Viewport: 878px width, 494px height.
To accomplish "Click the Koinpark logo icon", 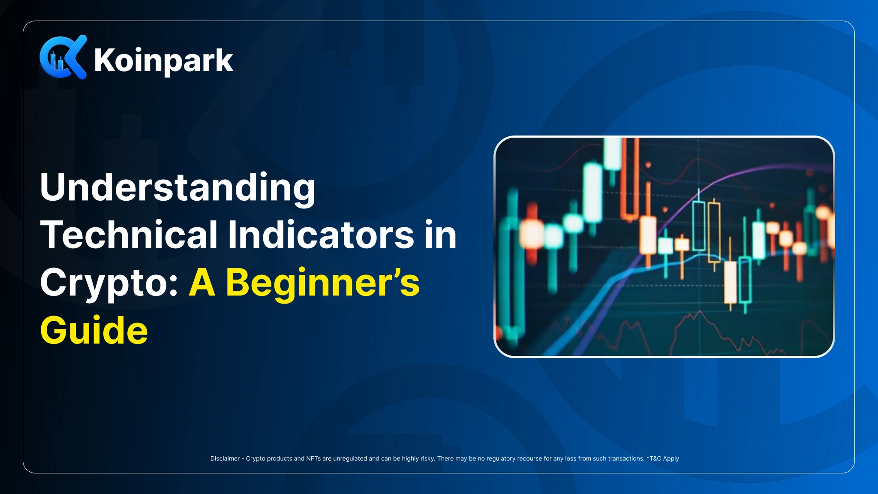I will [63, 57].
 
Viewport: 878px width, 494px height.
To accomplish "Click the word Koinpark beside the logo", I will [163, 60].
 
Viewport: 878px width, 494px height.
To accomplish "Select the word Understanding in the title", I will [177, 187].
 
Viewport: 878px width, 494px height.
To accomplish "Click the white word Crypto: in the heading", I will [108, 283].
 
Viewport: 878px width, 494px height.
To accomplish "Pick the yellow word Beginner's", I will [322, 283].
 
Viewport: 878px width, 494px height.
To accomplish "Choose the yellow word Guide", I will [94, 330].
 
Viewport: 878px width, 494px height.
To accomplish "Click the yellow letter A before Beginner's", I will [201, 283].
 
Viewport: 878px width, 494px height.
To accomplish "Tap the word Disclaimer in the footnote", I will [225, 458].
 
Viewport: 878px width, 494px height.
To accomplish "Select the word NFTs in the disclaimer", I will [313, 458].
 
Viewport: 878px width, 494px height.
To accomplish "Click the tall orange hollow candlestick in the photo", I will [629, 180].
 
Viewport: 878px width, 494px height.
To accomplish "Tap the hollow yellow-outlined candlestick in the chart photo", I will [714, 232].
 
